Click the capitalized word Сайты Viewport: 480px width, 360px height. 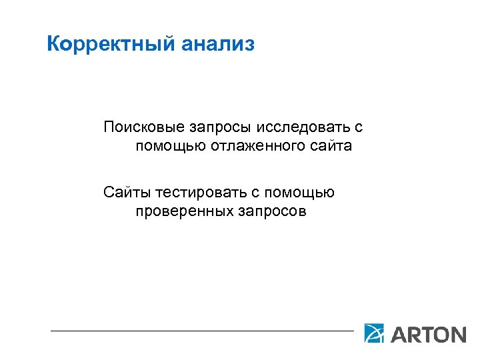pos(127,193)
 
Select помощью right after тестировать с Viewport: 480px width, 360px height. pos(299,193)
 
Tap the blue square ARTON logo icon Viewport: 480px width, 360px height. pos(374,333)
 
